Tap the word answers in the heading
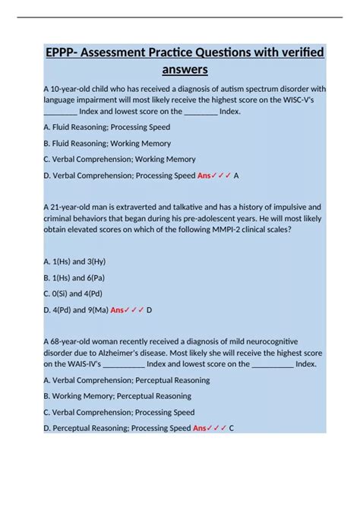[x=185, y=70]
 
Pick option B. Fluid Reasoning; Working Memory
[x=107, y=143]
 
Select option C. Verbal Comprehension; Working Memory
[x=119, y=160]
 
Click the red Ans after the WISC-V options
[x=204, y=176]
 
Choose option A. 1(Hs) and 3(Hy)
[x=74, y=261]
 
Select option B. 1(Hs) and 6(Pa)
[x=74, y=277]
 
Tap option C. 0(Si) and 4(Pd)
[x=74, y=293]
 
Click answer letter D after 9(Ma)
[x=149, y=310]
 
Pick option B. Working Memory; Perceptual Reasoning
[x=117, y=396]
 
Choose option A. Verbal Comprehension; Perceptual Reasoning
[x=127, y=380]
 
